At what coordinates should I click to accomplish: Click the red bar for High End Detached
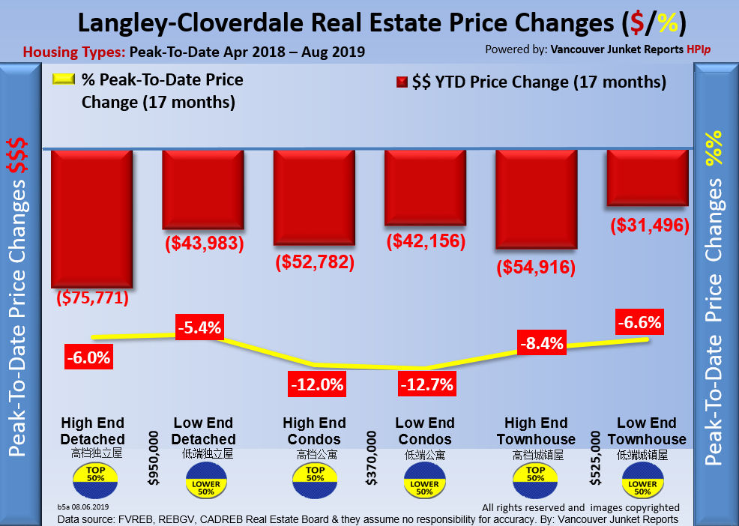(x=91, y=218)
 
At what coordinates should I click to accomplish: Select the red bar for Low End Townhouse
(x=648, y=178)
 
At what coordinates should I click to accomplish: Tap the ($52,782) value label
(x=315, y=263)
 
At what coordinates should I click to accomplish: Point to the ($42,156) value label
(x=425, y=242)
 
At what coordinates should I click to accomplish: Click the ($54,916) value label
(x=535, y=267)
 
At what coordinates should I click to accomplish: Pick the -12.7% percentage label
(x=426, y=385)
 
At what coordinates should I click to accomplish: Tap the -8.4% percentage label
(x=540, y=344)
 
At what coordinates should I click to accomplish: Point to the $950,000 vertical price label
(x=154, y=458)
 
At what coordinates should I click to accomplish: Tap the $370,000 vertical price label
(x=371, y=458)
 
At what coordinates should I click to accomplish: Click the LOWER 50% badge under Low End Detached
(x=205, y=480)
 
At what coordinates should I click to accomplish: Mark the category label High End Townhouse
(x=535, y=431)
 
